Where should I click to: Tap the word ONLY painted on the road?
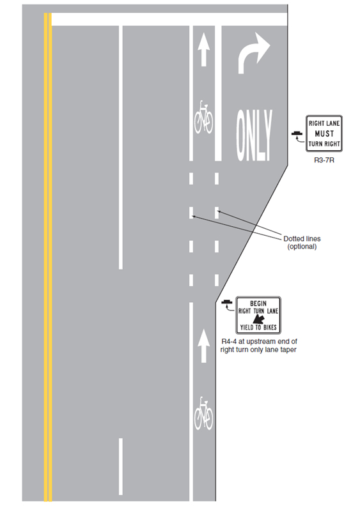point(254,135)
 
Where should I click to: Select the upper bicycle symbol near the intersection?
point(203,117)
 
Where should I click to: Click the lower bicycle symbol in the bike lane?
point(203,413)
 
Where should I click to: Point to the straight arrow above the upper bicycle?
point(203,50)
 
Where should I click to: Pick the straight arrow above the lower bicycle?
point(203,346)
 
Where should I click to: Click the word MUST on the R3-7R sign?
point(324,134)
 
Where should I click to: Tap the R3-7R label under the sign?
point(324,160)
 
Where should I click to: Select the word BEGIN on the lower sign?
point(258,303)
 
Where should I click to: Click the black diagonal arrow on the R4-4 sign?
point(258,319)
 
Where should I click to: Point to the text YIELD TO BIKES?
point(258,327)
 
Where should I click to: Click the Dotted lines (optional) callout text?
point(302,243)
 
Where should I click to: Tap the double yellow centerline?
point(48,257)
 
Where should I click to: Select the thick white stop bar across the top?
point(169,19)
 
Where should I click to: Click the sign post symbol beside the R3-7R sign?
point(297,134)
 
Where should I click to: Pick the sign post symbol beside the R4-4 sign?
point(226,302)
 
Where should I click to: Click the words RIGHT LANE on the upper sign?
point(324,123)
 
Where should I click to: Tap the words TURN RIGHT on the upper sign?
point(324,144)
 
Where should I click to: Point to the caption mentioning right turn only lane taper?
point(258,346)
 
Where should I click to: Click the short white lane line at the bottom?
point(120,466)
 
